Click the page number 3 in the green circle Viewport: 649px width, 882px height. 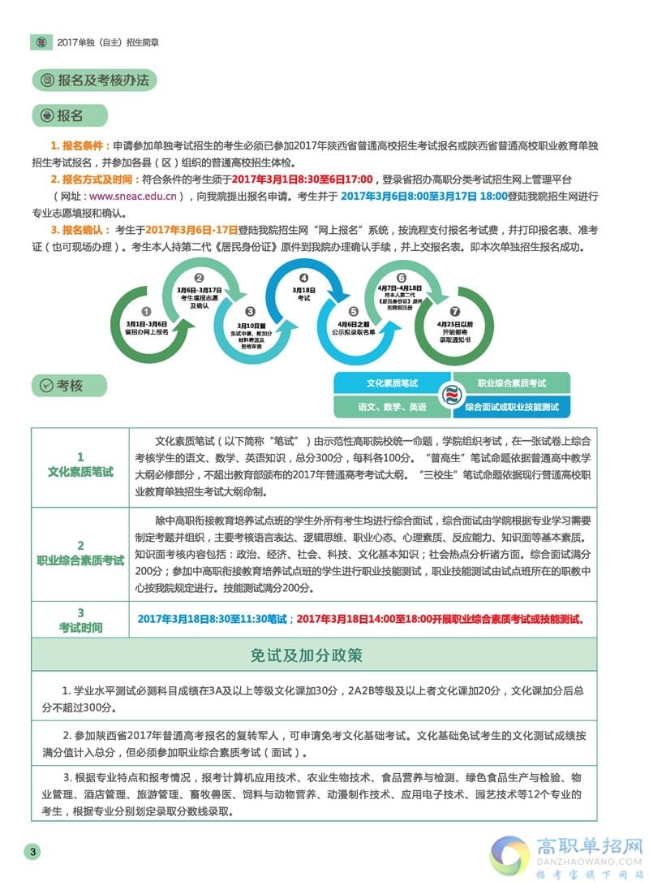32,851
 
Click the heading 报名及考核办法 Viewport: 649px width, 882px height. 105,80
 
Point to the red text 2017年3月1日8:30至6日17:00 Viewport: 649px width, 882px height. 302,179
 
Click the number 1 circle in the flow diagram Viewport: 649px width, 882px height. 146,311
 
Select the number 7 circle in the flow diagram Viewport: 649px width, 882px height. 454,311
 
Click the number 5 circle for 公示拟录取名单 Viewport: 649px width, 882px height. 353,311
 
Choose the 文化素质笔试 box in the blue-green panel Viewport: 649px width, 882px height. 393,383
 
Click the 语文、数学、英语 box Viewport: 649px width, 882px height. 393,407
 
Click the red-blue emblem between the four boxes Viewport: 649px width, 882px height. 452,396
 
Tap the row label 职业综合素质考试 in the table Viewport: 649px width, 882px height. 80,560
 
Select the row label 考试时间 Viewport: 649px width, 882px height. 80,627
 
